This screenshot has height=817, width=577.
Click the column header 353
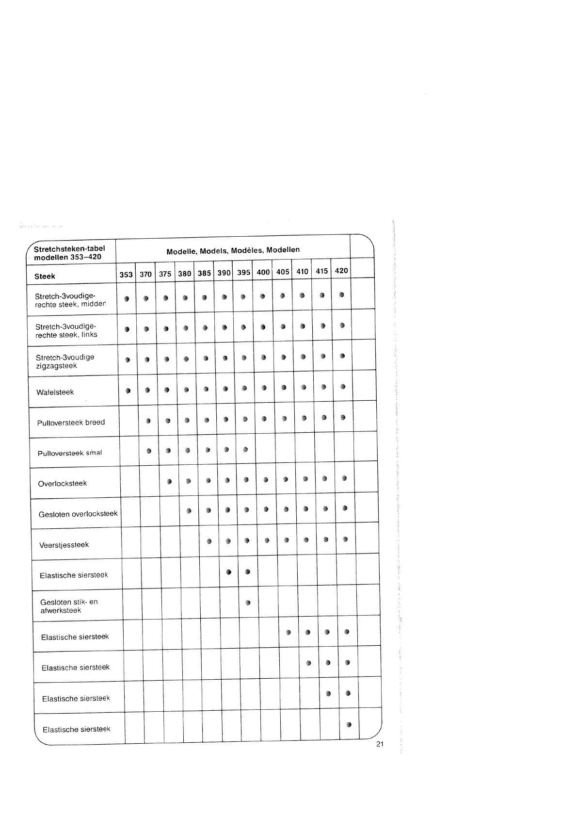click(126, 274)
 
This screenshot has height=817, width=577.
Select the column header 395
click(243, 273)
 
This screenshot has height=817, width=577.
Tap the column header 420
click(341, 271)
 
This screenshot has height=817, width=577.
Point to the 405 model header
click(283, 272)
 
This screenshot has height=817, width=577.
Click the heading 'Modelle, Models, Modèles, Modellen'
click(233, 250)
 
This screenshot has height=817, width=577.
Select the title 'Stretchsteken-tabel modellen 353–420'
click(69, 253)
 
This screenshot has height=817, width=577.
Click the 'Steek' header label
click(45, 277)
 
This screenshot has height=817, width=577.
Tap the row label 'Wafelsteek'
click(55, 392)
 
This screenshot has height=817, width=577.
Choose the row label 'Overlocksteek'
click(62, 483)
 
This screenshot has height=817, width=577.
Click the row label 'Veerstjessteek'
click(64, 545)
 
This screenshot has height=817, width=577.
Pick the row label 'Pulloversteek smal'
click(69, 453)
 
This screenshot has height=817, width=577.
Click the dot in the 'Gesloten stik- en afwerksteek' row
click(248, 603)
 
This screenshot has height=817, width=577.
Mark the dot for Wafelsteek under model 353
click(128, 390)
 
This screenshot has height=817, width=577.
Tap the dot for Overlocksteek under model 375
click(169, 481)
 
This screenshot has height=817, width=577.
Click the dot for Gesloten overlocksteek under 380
click(189, 510)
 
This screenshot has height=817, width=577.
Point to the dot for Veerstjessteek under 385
click(209, 541)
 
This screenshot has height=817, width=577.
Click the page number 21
click(380, 744)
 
